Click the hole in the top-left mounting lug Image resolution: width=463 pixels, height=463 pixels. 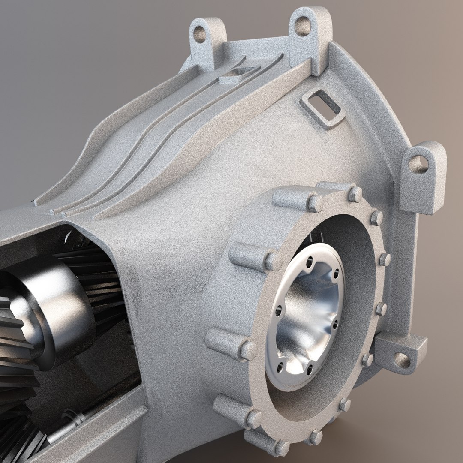click(200, 34)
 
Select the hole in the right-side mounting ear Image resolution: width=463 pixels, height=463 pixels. click(417, 165)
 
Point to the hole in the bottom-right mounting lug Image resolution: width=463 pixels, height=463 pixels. click(402, 359)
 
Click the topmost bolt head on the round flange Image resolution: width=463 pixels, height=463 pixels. click(355, 194)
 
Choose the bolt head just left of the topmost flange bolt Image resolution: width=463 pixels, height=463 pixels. click(315, 203)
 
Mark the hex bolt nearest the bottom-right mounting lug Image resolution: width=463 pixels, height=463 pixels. click(367, 359)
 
